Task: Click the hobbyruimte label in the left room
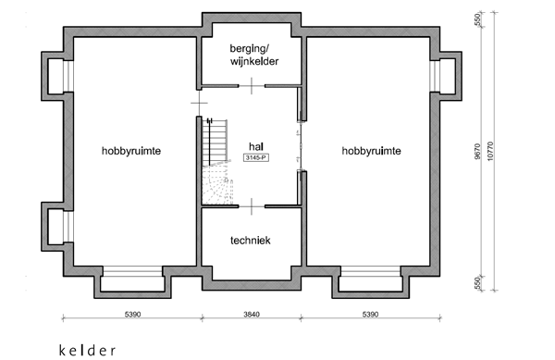point(132,150)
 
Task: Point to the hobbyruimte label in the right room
point(371,150)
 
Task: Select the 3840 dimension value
point(253,315)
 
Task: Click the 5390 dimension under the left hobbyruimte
point(131,315)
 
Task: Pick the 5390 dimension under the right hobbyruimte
point(371,315)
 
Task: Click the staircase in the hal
point(216,162)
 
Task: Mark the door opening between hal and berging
point(252,85)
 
